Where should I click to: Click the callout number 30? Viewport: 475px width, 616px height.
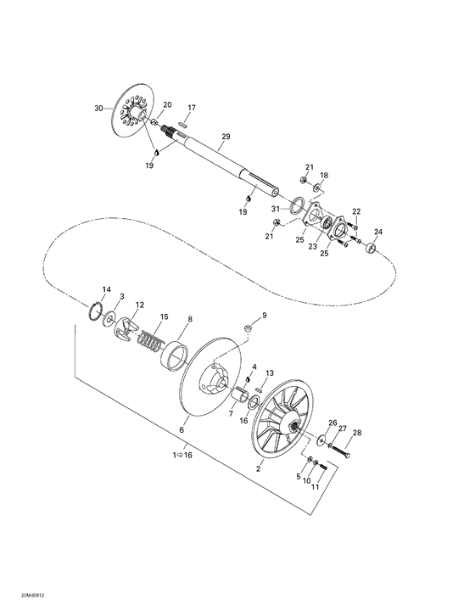98,109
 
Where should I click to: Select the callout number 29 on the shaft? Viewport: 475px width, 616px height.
226,137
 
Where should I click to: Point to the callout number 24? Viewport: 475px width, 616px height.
378,232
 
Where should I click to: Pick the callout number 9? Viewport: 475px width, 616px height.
264,315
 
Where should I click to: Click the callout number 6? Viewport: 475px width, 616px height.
181,430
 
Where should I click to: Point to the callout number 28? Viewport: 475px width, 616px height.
356,433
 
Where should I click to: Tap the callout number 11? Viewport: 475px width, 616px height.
315,488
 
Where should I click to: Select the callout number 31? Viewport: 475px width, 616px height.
276,209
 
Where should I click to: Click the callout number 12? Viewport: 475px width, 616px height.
139,304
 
